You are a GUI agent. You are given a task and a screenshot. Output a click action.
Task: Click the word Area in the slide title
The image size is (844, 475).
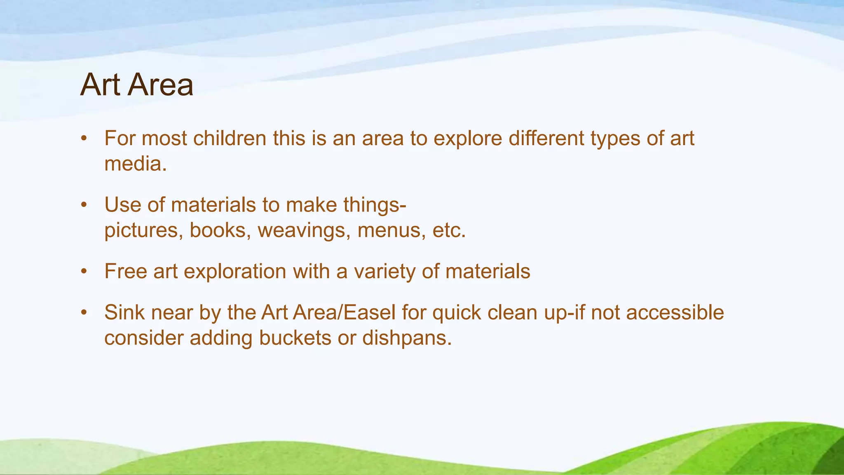pos(160,85)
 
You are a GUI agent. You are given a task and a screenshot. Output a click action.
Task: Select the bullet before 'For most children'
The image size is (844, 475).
pos(84,139)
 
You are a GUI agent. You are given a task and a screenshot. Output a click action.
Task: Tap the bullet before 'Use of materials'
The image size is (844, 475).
pos(84,205)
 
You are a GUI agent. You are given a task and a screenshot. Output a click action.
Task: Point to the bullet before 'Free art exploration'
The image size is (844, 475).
pos(84,272)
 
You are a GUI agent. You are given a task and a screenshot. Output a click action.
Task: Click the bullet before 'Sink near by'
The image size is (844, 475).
pos(84,313)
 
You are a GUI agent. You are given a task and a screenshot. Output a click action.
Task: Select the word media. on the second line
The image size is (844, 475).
pos(136,164)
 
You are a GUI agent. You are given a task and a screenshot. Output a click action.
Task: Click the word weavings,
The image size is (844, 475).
pos(304,230)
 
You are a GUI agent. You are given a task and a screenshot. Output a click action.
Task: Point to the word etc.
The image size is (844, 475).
pos(449,230)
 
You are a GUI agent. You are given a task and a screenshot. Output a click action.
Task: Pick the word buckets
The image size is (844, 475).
pos(295,338)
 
